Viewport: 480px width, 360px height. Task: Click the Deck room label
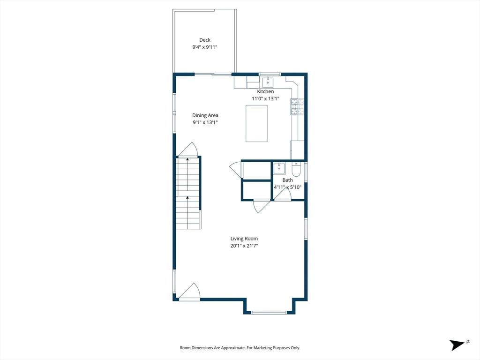[205, 40]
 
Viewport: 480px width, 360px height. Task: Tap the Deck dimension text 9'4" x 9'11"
[205, 47]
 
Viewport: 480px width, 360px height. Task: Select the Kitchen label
[265, 91]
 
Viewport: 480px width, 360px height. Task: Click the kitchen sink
[268, 82]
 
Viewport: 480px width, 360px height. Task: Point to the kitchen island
[256, 123]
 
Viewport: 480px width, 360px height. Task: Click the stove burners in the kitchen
[297, 107]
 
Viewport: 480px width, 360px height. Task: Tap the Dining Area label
[205, 115]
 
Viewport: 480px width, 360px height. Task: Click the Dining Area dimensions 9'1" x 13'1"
[205, 122]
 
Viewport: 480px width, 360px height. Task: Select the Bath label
[287, 180]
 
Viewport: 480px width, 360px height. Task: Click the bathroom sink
[279, 168]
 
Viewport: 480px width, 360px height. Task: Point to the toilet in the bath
[296, 168]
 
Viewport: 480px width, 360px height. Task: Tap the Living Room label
[244, 239]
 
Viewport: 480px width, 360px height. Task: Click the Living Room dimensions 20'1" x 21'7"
[244, 246]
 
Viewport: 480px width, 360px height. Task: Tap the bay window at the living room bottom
[269, 313]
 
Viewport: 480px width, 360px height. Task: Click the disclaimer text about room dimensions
[240, 348]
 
